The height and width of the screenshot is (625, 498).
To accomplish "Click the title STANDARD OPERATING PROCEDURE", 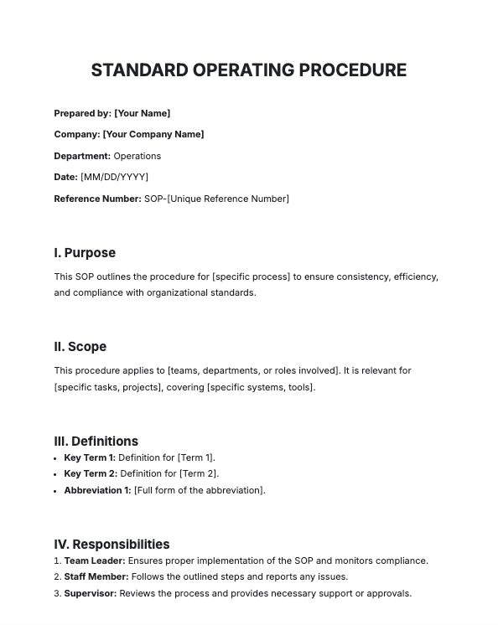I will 248,70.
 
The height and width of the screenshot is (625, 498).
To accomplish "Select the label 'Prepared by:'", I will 82,113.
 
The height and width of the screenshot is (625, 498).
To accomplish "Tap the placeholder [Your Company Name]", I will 153,134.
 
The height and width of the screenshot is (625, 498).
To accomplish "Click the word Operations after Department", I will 137,156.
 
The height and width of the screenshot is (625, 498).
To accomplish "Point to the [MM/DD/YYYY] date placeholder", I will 114,177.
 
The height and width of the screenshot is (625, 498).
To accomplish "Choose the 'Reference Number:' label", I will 97,199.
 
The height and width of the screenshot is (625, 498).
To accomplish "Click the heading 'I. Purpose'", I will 85,253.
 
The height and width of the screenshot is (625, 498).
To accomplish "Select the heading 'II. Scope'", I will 80,347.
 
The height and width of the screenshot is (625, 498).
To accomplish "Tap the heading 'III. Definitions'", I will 96,441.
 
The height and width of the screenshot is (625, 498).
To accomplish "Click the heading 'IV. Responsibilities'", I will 112,545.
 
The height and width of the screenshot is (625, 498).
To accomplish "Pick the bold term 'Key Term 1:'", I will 90,457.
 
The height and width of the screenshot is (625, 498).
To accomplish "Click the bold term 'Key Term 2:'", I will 90,474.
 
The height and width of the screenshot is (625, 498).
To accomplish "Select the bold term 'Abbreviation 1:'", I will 97,490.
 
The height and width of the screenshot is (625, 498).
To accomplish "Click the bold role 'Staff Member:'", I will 96,577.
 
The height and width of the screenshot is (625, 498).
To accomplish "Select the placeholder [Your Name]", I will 142,113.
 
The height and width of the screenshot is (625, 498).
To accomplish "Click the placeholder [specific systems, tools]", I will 261,387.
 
